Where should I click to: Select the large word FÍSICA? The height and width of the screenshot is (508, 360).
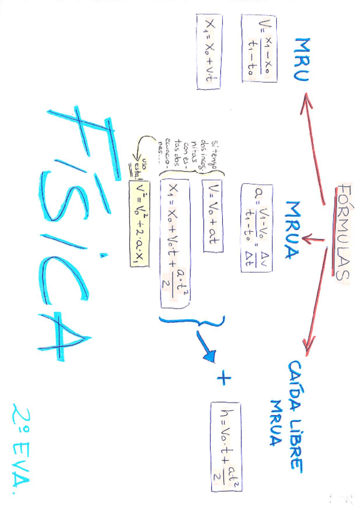[x=72, y=234]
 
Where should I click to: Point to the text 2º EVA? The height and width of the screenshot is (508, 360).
[x=24, y=443]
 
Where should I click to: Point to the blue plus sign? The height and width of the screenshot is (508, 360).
[x=224, y=378]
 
